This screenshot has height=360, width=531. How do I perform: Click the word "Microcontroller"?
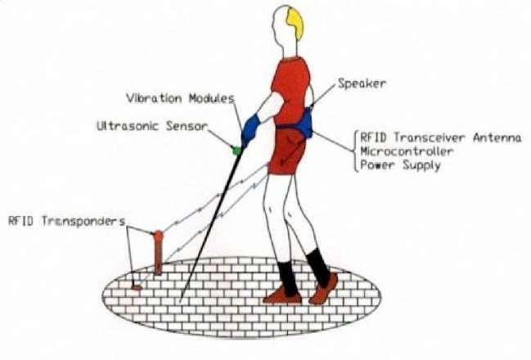click(x=405, y=151)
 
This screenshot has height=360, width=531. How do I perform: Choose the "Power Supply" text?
click(x=399, y=164)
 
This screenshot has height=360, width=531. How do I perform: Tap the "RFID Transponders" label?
click(x=65, y=221)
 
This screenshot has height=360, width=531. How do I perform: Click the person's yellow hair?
click(x=294, y=23)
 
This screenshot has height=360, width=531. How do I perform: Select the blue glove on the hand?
click(x=250, y=128)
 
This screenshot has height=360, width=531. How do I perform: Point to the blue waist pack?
click(x=304, y=123)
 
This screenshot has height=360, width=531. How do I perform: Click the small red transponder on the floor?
click(x=136, y=287)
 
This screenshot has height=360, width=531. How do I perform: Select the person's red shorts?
click(x=286, y=152)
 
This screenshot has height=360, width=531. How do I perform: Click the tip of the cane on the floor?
click(x=181, y=300)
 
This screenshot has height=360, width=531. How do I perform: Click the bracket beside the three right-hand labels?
click(x=353, y=151)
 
